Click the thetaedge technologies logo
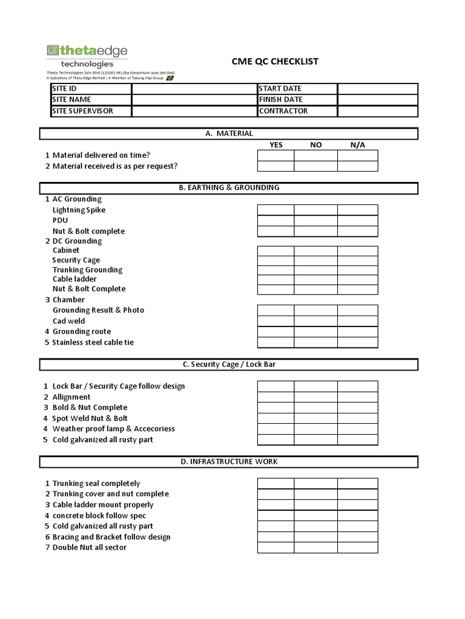coord(87,56)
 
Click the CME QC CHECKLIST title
coord(275,62)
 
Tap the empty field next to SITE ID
coord(194,89)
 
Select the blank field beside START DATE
coord(377,89)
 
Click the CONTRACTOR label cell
coord(297,111)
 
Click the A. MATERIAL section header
coord(229,134)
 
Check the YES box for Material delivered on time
coord(276,155)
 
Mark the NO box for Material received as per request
coord(315,166)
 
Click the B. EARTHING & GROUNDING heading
coord(229,188)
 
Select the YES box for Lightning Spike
coord(276,210)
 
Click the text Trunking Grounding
coord(87,270)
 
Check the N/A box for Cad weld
coord(358,321)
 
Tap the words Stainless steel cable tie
coord(93,343)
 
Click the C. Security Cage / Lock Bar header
coord(229,365)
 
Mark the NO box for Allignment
coord(315,397)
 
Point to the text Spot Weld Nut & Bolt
coord(90,418)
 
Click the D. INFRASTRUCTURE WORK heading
coord(229,462)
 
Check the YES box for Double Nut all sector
coord(276,548)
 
